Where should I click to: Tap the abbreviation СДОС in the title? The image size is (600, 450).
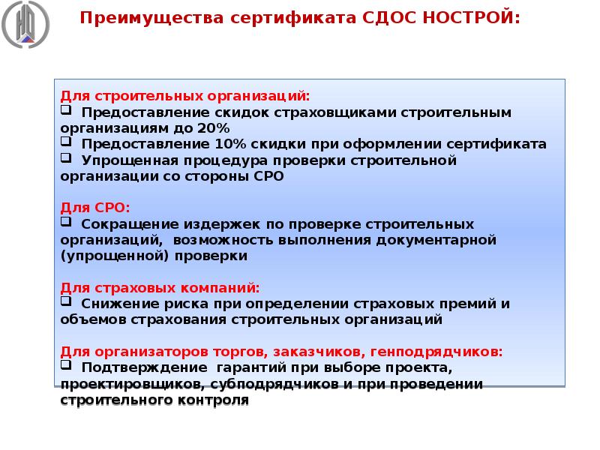(x=390, y=16)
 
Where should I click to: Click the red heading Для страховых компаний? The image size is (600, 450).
(x=160, y=287)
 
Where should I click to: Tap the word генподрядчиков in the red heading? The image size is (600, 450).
(x=448, y=351)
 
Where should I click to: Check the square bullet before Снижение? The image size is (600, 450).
(x=66, y=302)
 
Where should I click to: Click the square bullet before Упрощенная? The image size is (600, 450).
(x=66, y=159)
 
